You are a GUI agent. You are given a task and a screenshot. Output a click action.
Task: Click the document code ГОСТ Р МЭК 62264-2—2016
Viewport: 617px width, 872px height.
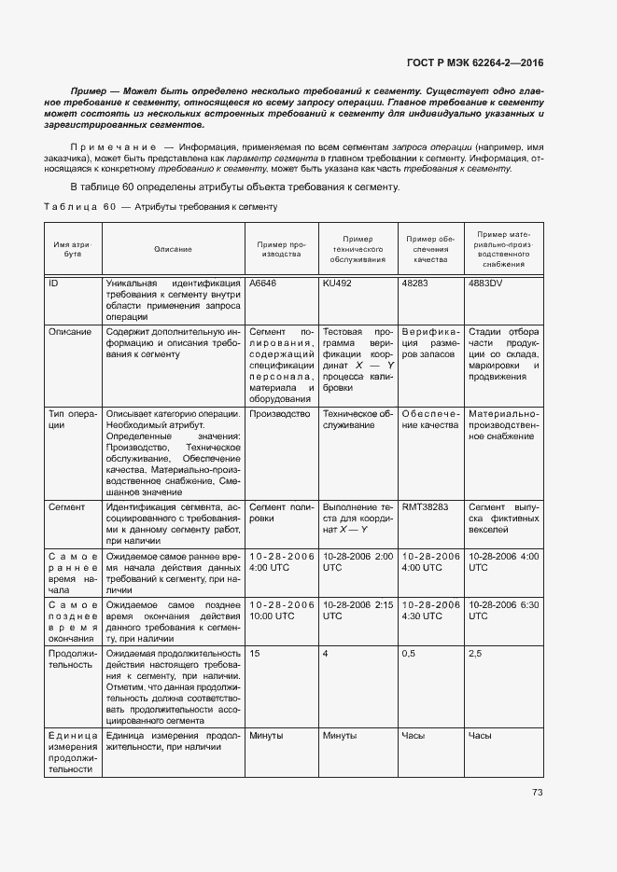click(x=475, y=63)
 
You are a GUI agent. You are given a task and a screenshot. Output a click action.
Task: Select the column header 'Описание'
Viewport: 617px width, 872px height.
click(x=173, y=249)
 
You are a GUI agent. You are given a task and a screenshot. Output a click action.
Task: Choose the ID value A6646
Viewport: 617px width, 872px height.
click(x=263, y=283)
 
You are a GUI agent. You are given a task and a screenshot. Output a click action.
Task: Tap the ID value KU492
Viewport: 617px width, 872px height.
click(x=337, y=283)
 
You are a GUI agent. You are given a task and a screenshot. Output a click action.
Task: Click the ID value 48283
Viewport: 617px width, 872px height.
click(x=415, y=283)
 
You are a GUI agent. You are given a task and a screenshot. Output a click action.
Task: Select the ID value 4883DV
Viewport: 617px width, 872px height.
click(x=485, y=283)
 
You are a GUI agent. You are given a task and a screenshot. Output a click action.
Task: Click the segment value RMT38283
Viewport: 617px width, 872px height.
click(x=425, y=506)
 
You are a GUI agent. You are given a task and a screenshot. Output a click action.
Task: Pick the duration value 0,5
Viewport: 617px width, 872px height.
click(x=408, y=654)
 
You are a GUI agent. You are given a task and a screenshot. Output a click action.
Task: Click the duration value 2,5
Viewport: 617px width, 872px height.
click(x=475, y=654)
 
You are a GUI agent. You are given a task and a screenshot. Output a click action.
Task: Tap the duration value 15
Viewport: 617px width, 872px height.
click(x=255, y=654)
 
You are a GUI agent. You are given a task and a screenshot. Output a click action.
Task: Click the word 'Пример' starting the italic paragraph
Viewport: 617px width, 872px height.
click(x=90, y=92)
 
